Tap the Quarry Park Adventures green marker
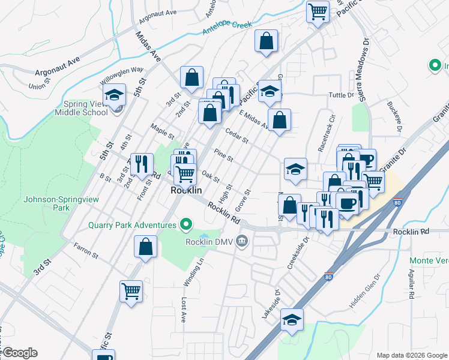pyautogui.click(x=186, y=226)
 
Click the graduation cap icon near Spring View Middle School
pyautogui.click(x=114, y=95)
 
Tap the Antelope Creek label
pyautogui.click(x=227, y=27)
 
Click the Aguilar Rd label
pyautogui.click(x=411, y=284)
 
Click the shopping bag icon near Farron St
pyautogui.click(x=146, y=247)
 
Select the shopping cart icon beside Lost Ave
pyautogui.click(x=131, y=292)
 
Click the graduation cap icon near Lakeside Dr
pyautogui.click(x=292, y=319)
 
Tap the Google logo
pyautogui.click(x=19, y=353)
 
